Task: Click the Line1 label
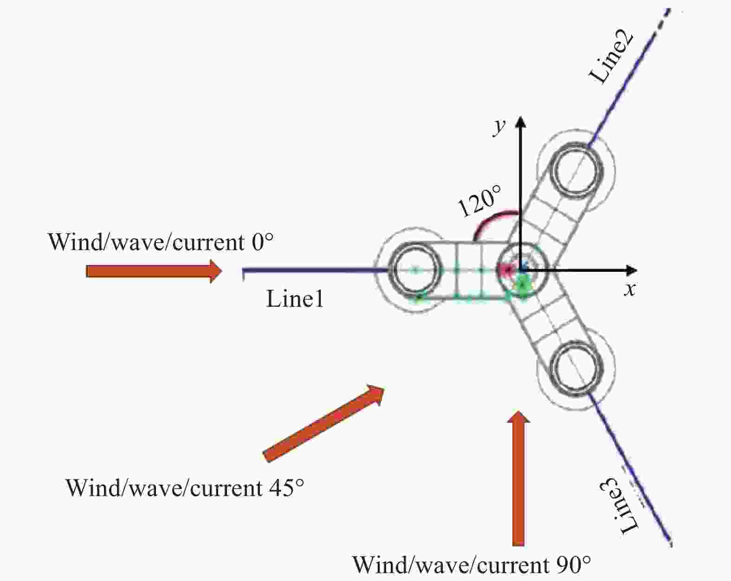[x=295, y=299]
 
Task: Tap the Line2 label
[x=612, y=58]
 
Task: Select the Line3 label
[x=619, y=509]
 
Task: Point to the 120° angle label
[x=479, y=201]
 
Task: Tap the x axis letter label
[x=630, y=290]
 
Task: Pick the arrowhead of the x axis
[x=631, y=271]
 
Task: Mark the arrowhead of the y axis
[x=520, y=121]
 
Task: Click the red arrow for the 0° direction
[x=154, y=271]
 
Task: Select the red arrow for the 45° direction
[x=323, y=424]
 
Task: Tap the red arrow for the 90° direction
[x=518, y=479]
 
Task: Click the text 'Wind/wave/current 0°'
[x=161, y=242]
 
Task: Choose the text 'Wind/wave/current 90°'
[x=472, y=565]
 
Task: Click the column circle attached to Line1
[x=415, y=271]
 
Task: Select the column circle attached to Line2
[x=577, y=169]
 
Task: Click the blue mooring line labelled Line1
[x=315, y=271]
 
